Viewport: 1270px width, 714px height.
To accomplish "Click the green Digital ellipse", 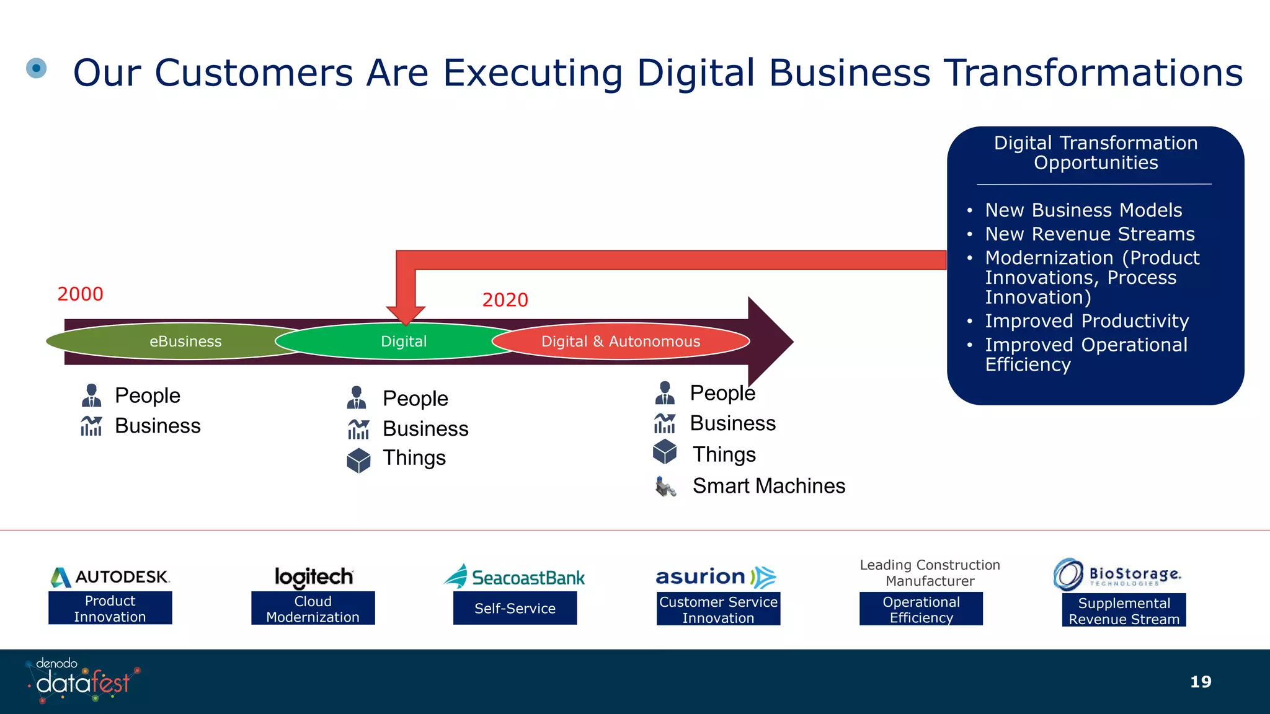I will pos(403,342).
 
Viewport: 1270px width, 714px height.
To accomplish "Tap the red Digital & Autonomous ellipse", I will pos(621,342).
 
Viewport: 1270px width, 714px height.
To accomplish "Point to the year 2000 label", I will pos(80,294).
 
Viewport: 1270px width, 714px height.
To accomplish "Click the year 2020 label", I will pos(505,300).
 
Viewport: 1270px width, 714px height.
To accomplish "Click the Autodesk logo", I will pos(110,577).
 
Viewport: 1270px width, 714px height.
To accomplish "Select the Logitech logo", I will pos(314,577).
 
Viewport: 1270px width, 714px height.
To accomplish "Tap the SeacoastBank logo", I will pos(514,577).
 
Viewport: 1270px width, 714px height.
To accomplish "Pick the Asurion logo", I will pos(716,577).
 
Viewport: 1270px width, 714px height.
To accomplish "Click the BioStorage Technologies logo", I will pos(1117,575).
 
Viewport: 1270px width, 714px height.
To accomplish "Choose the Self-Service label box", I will pos(515,609).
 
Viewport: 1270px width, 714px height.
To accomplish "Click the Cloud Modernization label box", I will pos(313,609).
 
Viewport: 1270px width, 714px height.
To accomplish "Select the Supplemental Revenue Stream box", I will pos(1124,610).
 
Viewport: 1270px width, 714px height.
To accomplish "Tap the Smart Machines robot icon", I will pos(665,487).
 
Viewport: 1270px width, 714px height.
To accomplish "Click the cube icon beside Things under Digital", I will pos(358,461).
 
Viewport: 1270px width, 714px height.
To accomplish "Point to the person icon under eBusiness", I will pos(91,395).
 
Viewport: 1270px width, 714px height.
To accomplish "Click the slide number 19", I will pos(1201,682).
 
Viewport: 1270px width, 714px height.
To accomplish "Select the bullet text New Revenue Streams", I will pos(1090,234).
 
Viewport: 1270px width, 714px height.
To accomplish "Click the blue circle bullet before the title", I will pos(37,68).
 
